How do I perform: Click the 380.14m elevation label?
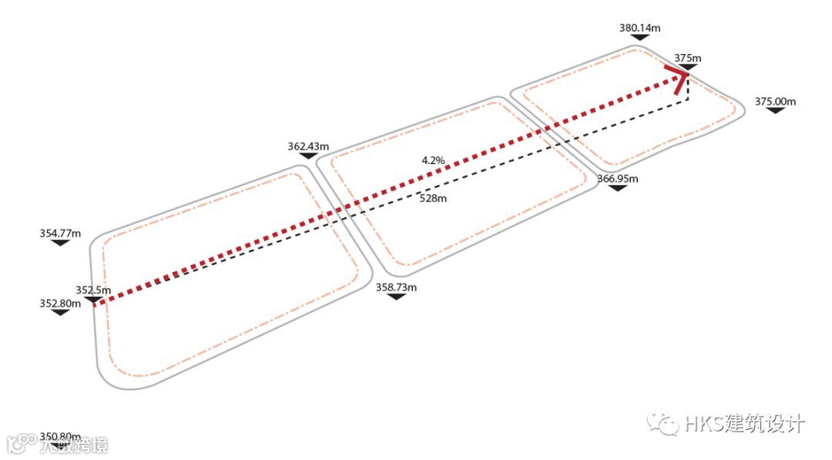point(639,29)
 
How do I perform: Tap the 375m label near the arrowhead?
point(687,58)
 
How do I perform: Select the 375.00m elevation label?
point(775,101)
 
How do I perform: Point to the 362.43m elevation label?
point(308,146)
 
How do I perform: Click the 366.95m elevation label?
point(618,179)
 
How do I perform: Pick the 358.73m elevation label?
point(396,287)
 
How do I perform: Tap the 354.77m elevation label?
point(60,233)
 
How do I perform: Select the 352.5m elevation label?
point(93,290)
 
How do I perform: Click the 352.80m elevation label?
point(60,304)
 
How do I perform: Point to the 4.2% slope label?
point(433,160)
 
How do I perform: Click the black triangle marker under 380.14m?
point(639,39)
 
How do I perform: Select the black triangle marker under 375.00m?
point(775,111)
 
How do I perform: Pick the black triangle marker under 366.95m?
point(618,188)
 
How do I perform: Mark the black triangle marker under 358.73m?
point(396,297)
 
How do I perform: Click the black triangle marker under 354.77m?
point(60,243)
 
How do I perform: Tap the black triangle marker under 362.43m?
point(308,156)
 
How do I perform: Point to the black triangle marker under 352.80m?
point(60,313)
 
